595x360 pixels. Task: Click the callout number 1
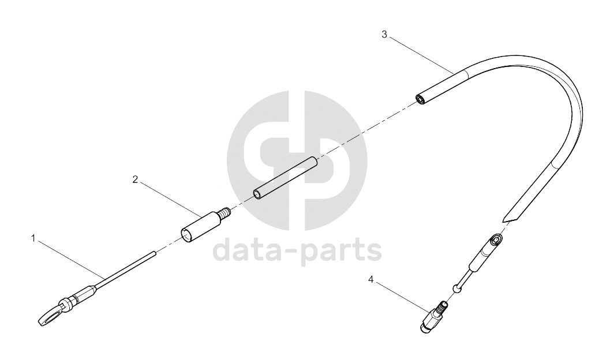pos(33,239)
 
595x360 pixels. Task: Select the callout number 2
pos(135,179)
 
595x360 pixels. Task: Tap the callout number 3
pos(384,35)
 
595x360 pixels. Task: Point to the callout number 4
pos(371,280)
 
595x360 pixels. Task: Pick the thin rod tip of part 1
pos(154,253)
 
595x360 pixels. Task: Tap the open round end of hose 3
pos(420,99)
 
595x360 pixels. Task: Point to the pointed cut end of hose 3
pos(508,219)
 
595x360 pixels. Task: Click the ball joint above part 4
pos(458,288)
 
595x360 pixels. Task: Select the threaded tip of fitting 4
pos(443,305)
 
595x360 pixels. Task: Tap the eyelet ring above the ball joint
pos(496,240)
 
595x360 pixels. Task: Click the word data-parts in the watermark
pos(297,250)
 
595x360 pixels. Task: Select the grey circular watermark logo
pos(297,160)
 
